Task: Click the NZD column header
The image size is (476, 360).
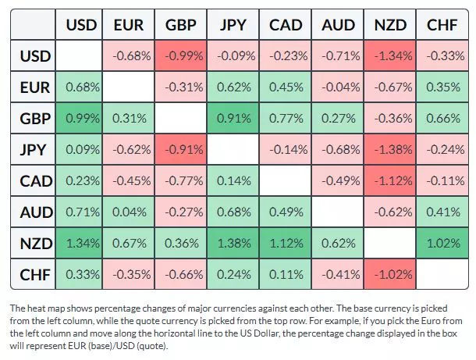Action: tap(390, 25)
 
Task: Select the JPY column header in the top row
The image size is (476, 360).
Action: tap(233, 25)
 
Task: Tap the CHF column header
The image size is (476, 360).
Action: tap(442, 25)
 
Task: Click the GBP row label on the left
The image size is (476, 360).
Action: tap(35, 119)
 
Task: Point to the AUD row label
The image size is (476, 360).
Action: tap(35, 212)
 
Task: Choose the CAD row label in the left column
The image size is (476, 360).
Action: tap(35, 181)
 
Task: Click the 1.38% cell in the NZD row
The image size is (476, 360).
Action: tap(233, 244)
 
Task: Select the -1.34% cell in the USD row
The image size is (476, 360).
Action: tap(390, 56)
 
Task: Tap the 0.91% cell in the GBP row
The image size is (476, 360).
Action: tap(233, 119)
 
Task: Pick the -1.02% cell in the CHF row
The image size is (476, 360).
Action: tap(390, 275)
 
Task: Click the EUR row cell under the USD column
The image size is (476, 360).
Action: tap(81, 87)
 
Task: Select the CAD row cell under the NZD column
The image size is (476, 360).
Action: tap(390, 181)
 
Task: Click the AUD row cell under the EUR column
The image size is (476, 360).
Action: tap(129, 212)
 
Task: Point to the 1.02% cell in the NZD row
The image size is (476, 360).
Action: tap(442, 244)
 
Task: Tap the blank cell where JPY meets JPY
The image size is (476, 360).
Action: tap(233, 150)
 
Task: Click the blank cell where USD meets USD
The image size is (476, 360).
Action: tap(81, 56)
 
